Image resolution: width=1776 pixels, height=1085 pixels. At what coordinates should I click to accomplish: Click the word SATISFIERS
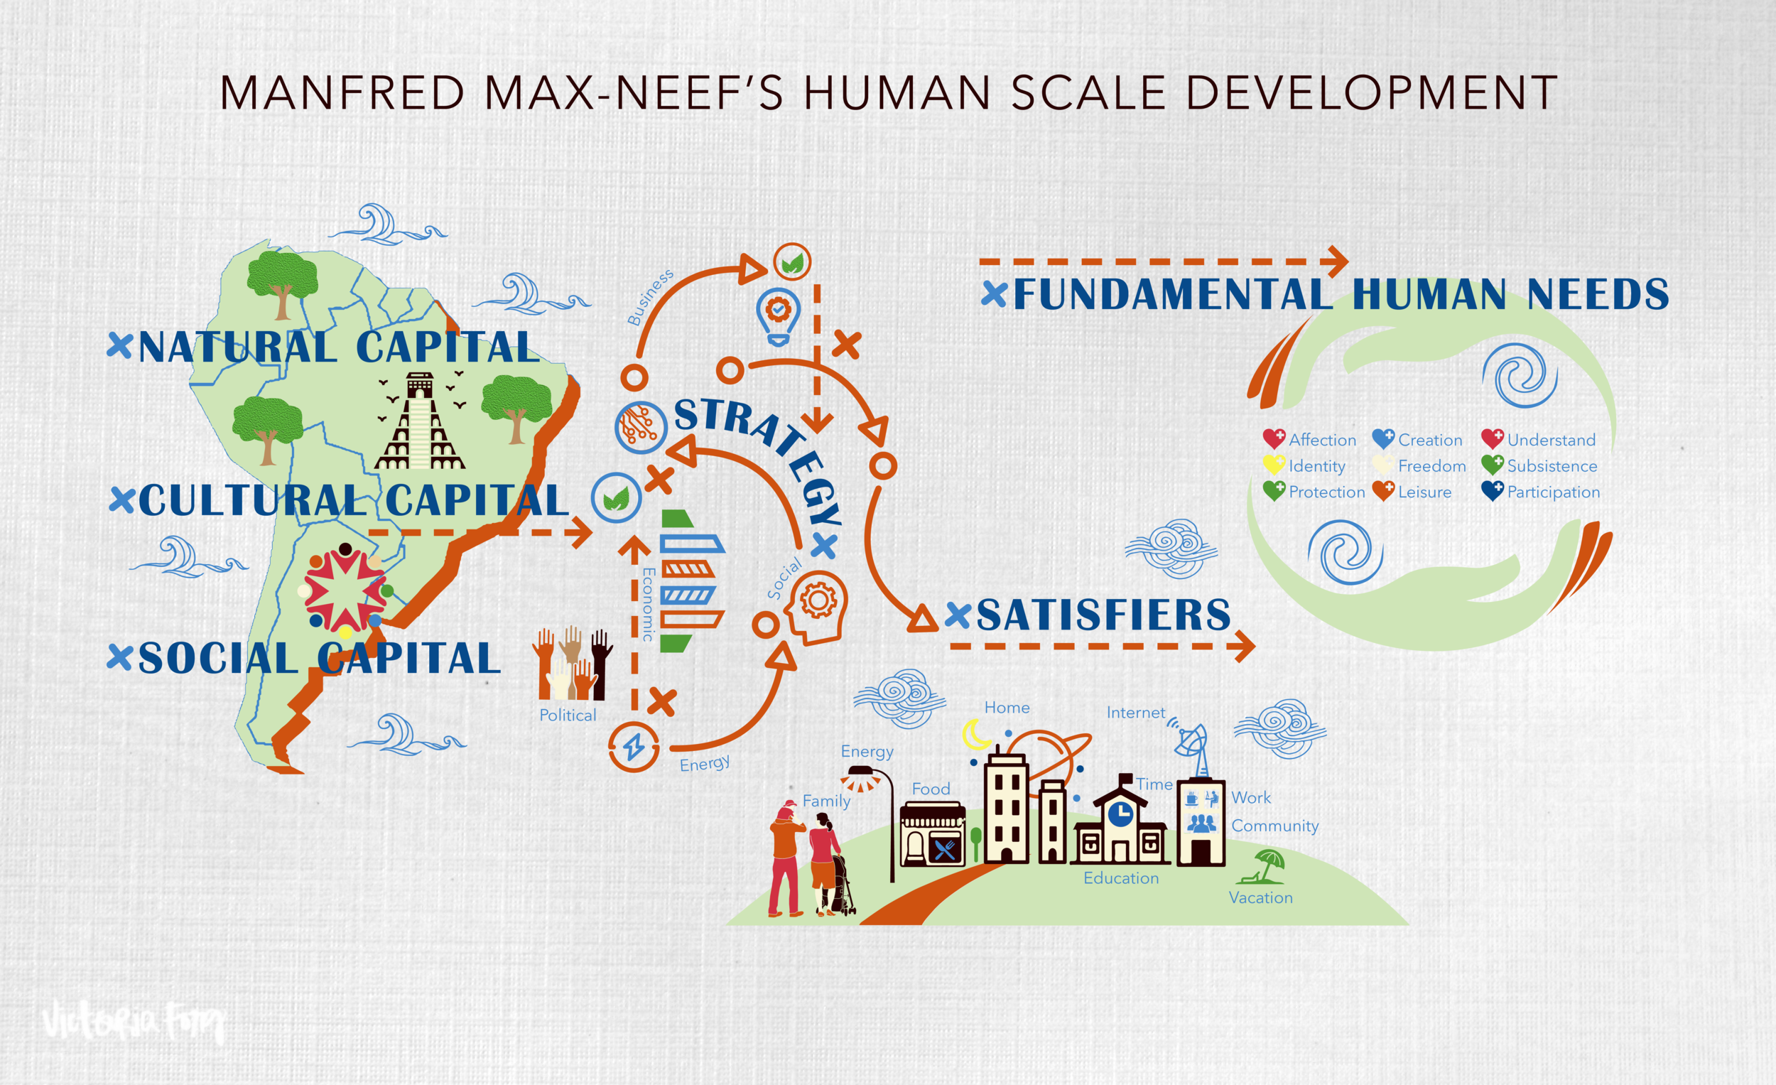pos(1103,615)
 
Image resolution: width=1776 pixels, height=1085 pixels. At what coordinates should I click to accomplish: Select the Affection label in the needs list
pos(1322,440)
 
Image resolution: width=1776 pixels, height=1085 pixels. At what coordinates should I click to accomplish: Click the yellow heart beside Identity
pos(1274,465)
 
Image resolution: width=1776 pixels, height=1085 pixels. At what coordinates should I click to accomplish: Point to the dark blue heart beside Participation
pos(1492,492)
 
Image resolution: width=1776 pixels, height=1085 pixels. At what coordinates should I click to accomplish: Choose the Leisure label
pos(1424,492)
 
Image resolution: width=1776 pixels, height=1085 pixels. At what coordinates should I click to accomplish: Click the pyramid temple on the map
pos(420,422)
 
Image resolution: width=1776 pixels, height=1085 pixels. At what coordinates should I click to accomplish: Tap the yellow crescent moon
pos(977,735)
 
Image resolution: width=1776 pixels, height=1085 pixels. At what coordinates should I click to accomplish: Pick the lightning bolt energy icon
pos(634,747)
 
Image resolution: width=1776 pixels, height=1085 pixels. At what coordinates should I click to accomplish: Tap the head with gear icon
pos(817,606)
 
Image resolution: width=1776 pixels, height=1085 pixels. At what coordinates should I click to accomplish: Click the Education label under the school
pos(1121,878)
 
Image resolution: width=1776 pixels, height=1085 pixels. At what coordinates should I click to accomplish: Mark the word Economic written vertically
pos(648,604)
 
